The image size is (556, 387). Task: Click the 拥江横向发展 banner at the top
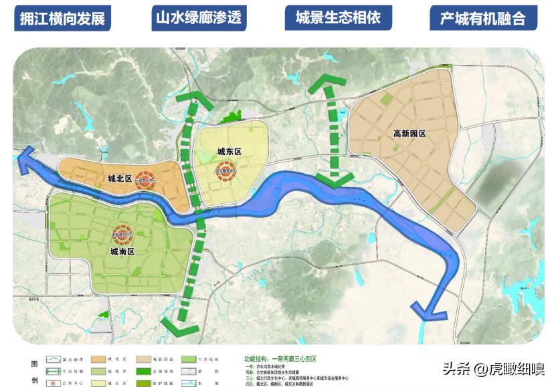click(62, 18)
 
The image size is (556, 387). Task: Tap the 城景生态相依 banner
click(337, 17)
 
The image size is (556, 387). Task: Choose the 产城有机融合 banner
click(482, 18)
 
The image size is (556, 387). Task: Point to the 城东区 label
click(229, 152)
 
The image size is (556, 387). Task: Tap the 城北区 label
click(120, 178)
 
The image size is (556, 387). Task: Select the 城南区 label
click(122, 252)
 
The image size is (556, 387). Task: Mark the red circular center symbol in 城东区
click(225, 172)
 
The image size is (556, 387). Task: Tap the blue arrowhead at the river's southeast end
click(428, 311)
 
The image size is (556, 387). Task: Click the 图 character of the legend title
click(35, 364)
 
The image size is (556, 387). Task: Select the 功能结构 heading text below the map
click(257, 358)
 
